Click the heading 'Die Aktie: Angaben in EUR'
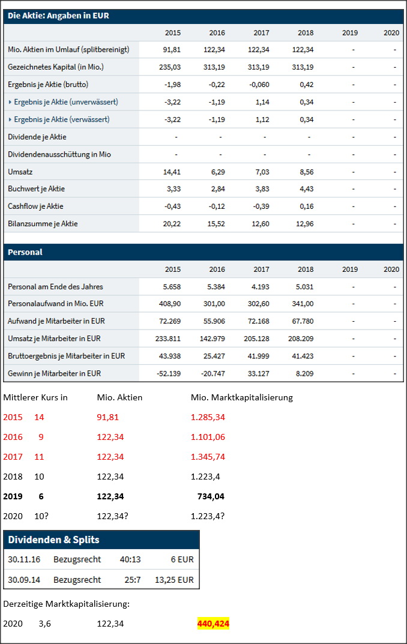point(58,16)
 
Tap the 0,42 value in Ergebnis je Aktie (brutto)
point(306,85)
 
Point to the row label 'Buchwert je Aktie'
point(36,189)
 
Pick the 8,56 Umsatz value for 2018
point(306,172)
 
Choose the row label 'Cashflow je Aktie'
point(35,206)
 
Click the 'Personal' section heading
point(25,252)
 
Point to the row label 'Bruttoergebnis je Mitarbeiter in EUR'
point(66,356)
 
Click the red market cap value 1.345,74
point(208,457)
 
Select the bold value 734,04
point(211,496)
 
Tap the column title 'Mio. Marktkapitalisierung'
point(241,397)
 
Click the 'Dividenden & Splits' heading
point(53,540)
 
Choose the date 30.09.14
point(23,580)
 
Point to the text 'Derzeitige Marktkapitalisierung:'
point(66,604)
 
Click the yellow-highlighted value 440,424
point(213,624)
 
